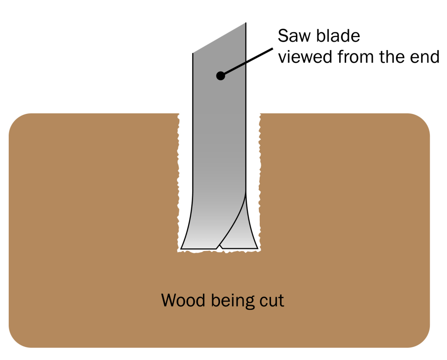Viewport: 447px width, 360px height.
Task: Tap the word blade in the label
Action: (337, 36)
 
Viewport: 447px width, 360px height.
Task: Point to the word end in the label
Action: (424, 57)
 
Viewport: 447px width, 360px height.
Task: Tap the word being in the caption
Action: (233, 301)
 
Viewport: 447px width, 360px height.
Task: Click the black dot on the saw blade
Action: (220, 76)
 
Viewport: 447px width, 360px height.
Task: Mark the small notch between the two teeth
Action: (219, 247)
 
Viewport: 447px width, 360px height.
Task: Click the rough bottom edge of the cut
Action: (218, 252)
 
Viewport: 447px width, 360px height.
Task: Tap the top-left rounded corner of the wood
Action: (20, 124)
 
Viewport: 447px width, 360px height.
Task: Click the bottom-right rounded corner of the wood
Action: (419, 337)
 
